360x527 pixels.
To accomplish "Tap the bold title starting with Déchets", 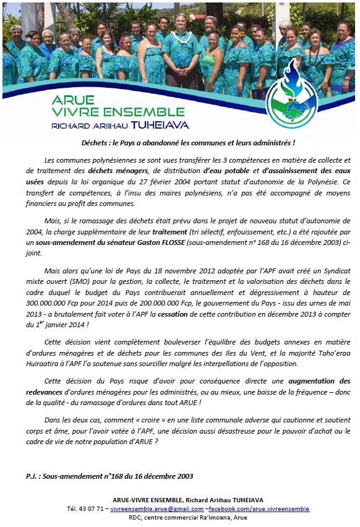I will pyautogui.click(x=180, y=143).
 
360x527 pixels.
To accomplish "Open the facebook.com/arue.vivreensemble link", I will pyautogui.click(x=258, y=508).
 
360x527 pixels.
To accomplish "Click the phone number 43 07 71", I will pyautogui.click(x=90, y=508).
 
